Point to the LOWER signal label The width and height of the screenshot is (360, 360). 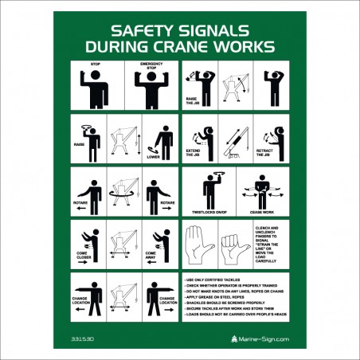click(153, 156)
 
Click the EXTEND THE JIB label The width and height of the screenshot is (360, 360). click(194, 153)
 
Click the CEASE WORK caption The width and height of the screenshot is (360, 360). click(260, 213)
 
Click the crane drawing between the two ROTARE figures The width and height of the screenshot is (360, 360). click(119, 192)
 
